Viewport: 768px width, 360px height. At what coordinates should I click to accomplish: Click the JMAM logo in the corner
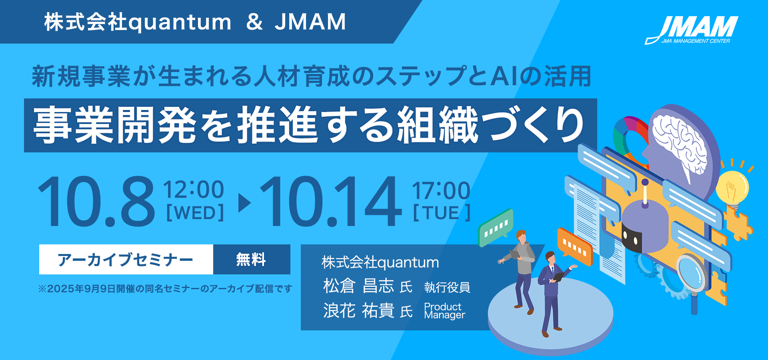(691, 30)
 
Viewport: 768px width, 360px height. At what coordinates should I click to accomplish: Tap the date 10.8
(96, 202)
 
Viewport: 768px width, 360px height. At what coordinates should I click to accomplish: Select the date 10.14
(330, 202)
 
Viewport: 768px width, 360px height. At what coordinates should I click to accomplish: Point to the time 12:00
(194, 190)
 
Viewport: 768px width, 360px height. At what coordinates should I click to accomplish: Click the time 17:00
(441, 190)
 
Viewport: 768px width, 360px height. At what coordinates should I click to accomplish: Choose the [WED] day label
(195, 213)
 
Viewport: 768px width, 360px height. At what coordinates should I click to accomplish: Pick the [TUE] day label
(442, 213)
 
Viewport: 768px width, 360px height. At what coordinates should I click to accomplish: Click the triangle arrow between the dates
(244, 203)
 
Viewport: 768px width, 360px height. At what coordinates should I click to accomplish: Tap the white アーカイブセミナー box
(126, 259)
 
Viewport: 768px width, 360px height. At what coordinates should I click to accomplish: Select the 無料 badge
(252, 259)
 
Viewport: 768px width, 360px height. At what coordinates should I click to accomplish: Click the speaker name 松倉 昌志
(359, 286)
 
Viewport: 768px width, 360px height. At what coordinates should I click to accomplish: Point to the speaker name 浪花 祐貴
(359, 310)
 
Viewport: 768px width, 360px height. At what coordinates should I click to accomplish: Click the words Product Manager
(444, 311)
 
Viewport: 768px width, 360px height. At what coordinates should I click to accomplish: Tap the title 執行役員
(447, 287)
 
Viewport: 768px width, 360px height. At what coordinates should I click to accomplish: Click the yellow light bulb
(732, 190)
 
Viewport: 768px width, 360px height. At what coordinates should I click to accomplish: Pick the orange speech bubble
(574, 246)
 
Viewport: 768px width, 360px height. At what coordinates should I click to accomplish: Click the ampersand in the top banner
(254, 22)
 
